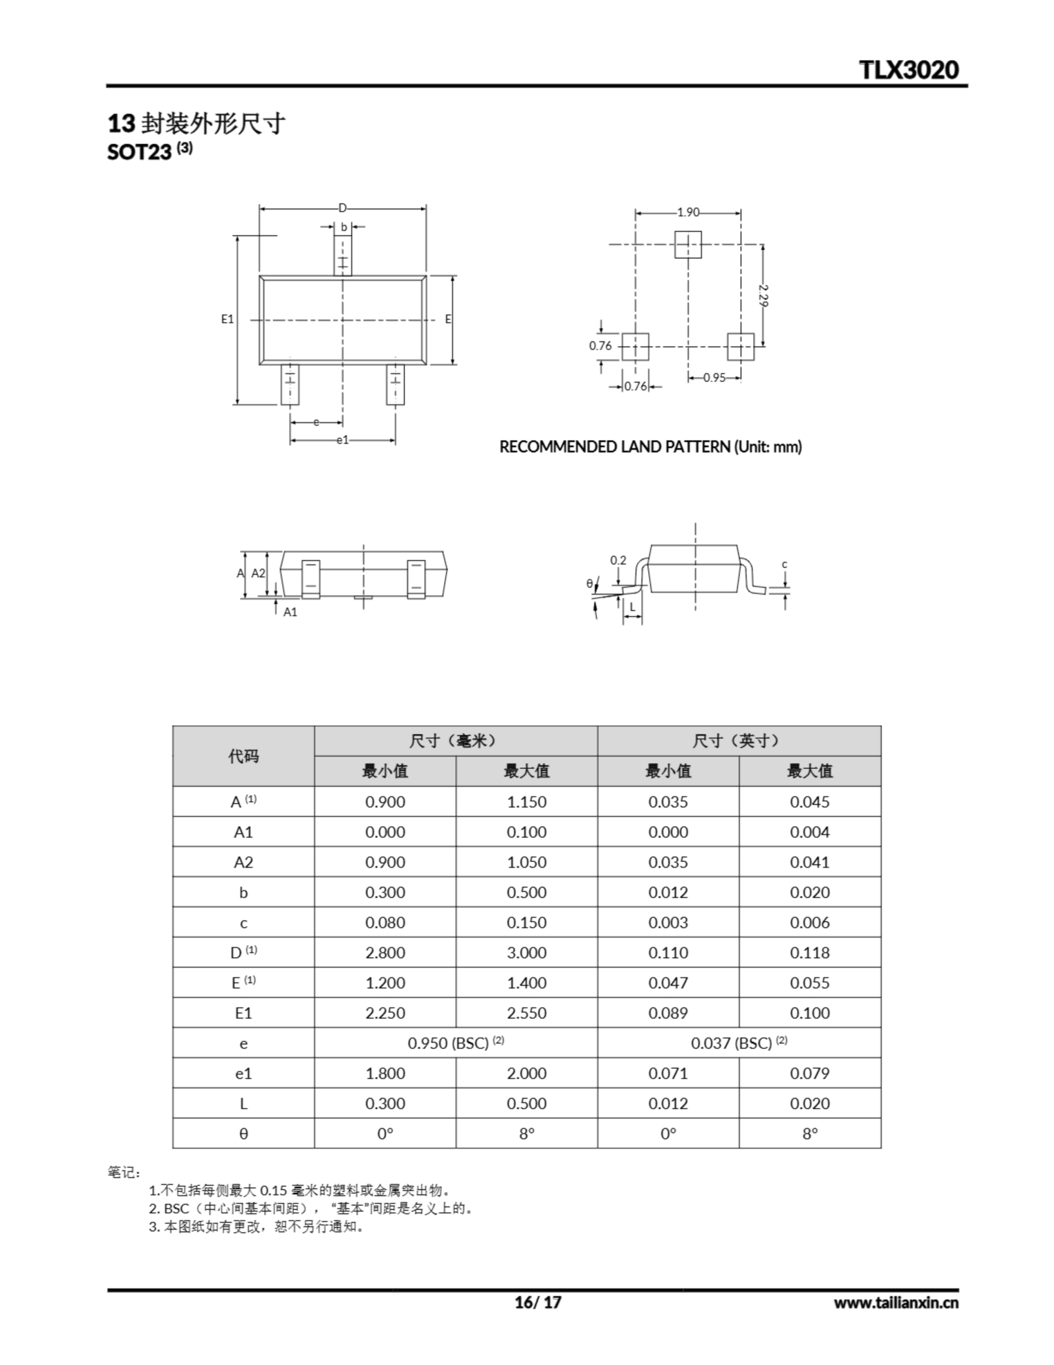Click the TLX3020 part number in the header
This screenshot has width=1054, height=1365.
pos(909,69)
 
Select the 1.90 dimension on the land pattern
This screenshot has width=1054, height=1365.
pos(688,213)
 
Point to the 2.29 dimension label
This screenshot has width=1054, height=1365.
pos(764,295)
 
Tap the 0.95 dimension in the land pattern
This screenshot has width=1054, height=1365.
pos(714,378)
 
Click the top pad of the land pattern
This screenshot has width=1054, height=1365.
pos(688,244)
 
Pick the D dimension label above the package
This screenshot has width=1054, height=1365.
pos(343,208)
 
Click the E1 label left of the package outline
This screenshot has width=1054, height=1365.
pos(228,319)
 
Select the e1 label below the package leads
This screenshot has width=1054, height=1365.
pos(343,440)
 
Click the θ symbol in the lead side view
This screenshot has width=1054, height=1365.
pos(589,584)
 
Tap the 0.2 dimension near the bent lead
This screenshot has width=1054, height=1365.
pos(618,560)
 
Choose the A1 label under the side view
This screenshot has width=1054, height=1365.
pos(290,612)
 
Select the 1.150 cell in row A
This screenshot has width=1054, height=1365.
pos(526,802)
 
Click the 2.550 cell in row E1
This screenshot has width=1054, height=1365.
pos(526,1013)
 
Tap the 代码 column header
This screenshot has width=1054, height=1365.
pos(243,756)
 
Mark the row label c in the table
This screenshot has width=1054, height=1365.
pos(243,923)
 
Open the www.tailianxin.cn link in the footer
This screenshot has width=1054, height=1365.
pos(895,1303)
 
